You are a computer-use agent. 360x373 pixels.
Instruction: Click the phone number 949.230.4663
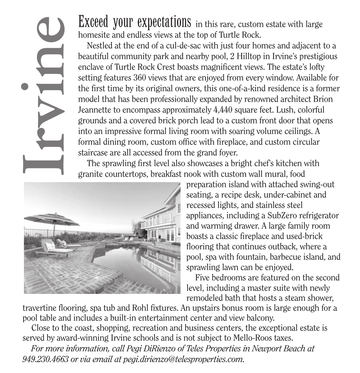tap(45, 359)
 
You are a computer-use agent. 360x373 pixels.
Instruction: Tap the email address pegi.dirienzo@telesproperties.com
tap(183, 359)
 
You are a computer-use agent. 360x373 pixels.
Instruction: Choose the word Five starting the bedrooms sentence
tap(203, 277)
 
